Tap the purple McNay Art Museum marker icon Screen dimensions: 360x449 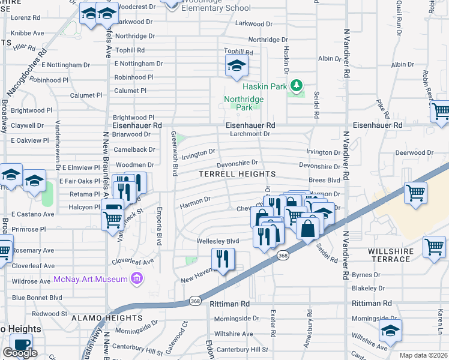pos(137,278)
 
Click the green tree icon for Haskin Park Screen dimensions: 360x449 pos(295,86)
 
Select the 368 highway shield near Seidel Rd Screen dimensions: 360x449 pos(282,256)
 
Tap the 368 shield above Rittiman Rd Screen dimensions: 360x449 pos(194,300)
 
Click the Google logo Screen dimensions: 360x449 pos(20,353)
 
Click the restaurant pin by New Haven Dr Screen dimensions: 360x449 pos(223,260)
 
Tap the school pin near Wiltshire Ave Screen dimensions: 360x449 pos(390,331)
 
